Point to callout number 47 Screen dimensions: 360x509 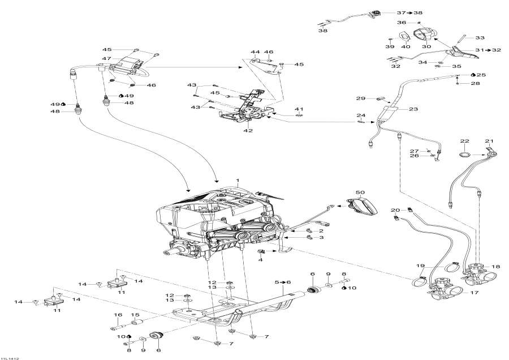coord(106,58)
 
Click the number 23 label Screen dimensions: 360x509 coord(413,110)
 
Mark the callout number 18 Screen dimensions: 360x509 coord(496,267)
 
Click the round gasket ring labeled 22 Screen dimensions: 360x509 coord(464,154)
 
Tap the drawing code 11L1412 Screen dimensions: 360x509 coord(11,357)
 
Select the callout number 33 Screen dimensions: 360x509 coord(480,38)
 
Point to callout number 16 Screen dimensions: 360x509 coord(119,315)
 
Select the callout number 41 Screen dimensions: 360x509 coord(299,108)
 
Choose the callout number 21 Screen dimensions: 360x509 coord(489,141)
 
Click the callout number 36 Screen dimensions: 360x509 coord(401,22)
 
